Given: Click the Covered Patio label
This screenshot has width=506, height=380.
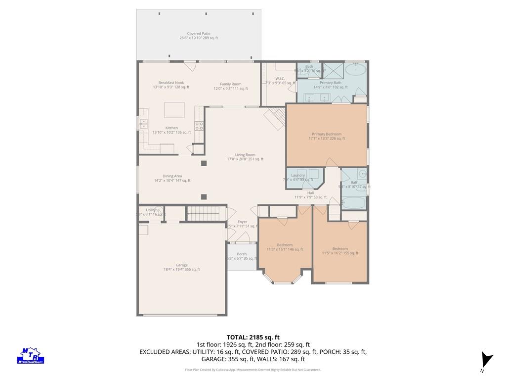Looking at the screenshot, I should [198, 36].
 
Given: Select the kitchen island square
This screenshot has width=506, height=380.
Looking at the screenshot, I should [174, 110].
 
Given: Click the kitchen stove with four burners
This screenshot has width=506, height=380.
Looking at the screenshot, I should [200, 126].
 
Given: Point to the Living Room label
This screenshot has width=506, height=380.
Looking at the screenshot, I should [245, 157].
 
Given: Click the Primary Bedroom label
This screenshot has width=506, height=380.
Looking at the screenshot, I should [326, 136].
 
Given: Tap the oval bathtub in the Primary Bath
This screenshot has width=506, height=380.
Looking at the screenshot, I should [355, 69].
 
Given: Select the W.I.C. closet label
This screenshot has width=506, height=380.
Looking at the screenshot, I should [280, 81].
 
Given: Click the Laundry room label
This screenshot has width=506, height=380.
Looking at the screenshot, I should [298, 177].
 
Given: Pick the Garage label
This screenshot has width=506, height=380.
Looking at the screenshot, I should [181, 267].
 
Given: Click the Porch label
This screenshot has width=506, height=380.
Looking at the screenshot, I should [241, 256].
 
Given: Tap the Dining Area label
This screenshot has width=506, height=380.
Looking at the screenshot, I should [172, 178].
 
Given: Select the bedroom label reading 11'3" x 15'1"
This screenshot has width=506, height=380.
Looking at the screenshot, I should [284, 247].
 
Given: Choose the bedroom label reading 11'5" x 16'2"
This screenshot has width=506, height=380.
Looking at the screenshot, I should [339, 250].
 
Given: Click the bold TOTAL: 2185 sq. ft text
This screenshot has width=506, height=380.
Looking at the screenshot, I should [253, 337].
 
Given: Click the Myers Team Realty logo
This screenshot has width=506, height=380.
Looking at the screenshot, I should [32, 355].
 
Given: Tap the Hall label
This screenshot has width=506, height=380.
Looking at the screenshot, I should [310, 194].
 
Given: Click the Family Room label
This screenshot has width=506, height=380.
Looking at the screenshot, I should [230, 86].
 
